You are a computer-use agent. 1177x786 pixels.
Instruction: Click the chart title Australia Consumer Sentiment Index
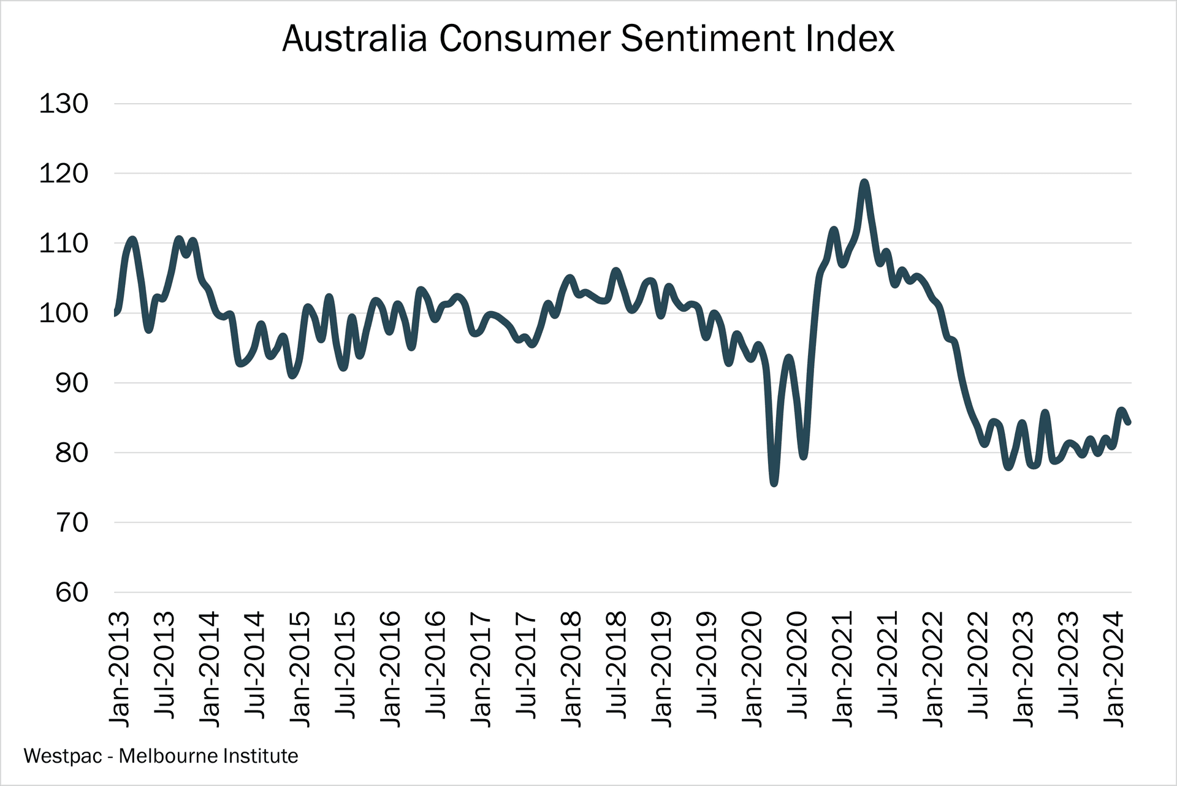(x=588, y=39)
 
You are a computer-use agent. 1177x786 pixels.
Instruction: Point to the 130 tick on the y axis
(x=64, y=104)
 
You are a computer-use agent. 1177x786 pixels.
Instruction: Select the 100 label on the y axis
(x=64, y=314)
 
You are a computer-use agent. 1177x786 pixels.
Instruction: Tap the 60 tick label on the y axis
(x=72, y=593)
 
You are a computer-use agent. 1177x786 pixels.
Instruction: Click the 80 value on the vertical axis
(x=72, y=453)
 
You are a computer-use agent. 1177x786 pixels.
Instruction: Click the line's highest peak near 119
(x=864, y=182)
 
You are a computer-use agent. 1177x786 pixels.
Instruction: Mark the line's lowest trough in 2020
(x=774, y=484)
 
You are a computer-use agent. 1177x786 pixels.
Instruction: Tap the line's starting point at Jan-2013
(x=115, y=314)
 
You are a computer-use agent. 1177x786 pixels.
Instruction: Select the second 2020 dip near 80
(x=804, y=456)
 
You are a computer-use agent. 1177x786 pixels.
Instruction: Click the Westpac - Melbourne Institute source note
(x=161, y=756)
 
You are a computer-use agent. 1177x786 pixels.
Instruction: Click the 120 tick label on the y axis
(x=64, y=174)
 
